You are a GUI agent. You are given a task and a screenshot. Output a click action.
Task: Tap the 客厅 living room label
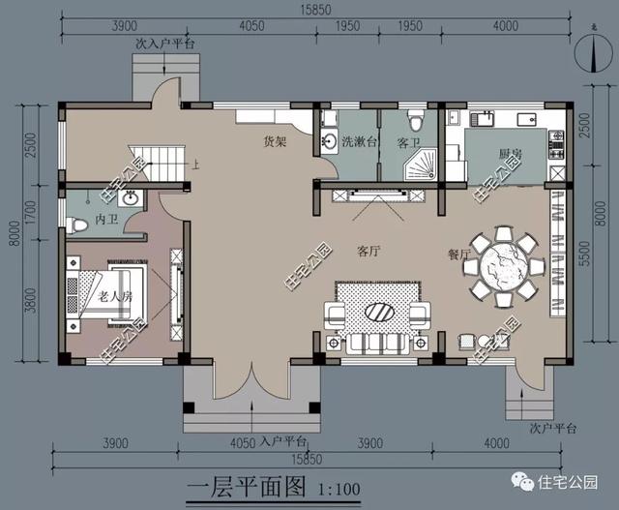(x=368, y=252)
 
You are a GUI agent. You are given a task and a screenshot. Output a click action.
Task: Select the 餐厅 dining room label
(x=459, y=255)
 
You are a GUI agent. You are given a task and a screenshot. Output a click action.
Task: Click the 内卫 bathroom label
(x=106, y=222)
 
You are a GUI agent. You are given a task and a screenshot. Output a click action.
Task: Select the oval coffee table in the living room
(x=376, y=312)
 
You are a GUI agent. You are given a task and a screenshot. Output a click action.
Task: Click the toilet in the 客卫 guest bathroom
(x=417, y=121)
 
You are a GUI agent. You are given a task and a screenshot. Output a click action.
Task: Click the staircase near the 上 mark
(x=160, y=161)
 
